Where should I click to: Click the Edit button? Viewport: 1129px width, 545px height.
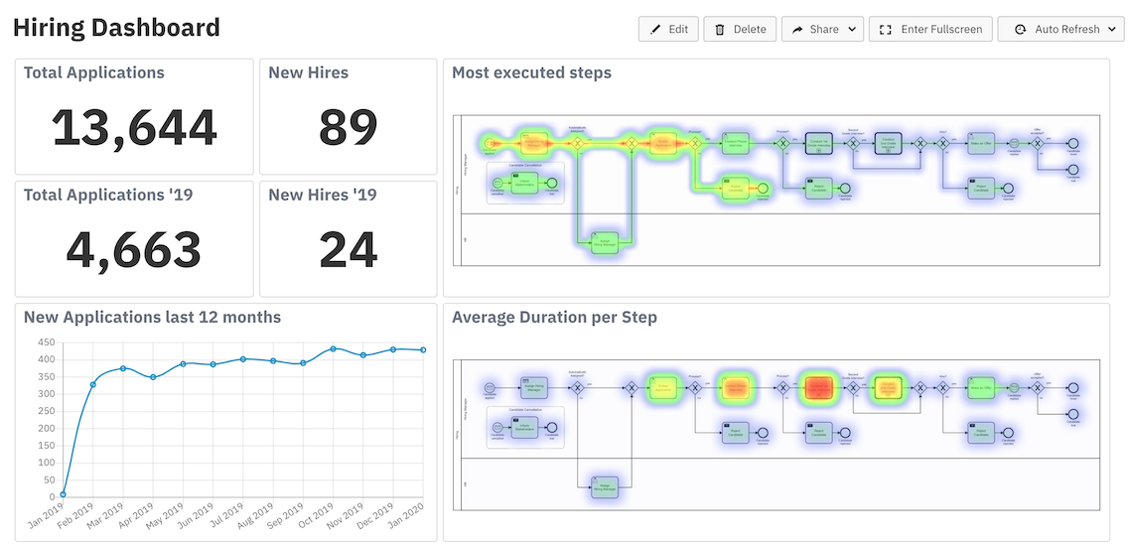[x=669, y=30]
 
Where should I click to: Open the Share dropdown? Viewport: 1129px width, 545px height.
[x=822, y=30]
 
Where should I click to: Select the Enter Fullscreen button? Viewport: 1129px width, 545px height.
[x=930, y=30]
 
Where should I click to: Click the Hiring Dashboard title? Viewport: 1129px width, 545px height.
[x=116, y=28]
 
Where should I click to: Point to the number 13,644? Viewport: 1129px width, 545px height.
[x=134, y=127]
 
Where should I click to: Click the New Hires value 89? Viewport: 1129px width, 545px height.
[x=348, y=127]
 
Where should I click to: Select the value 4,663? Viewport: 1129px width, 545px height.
[x=134, y=249]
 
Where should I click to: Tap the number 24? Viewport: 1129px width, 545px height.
[x=348, y=249]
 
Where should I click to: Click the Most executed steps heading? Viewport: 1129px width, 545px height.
[x=531, y=72]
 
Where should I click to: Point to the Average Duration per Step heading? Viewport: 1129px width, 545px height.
[x=554, y=318]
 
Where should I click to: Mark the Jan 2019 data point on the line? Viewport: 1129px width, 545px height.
[x=64, y=493]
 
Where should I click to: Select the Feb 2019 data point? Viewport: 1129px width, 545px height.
[x=93, y=384]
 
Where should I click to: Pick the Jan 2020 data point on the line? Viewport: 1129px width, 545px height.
[x=423, y=349]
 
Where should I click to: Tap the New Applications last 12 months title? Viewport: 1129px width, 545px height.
[x=152, y=318]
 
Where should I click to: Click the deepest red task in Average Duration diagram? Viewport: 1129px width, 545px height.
[x=818, y=387]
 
